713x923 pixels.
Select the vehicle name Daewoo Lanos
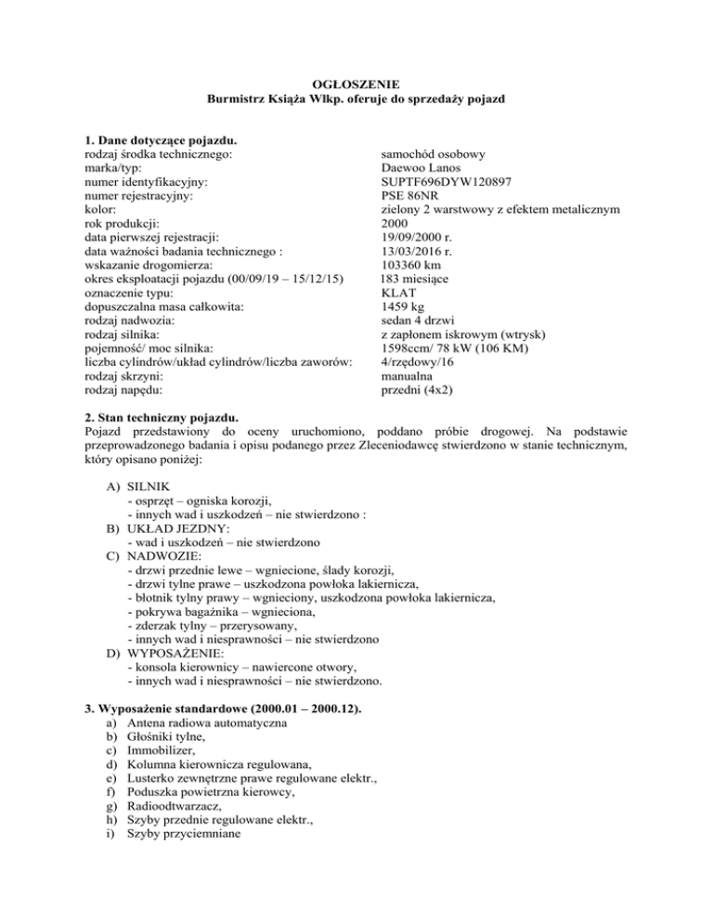tap(421, 169)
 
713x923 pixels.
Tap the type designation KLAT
tap(401, 292)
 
